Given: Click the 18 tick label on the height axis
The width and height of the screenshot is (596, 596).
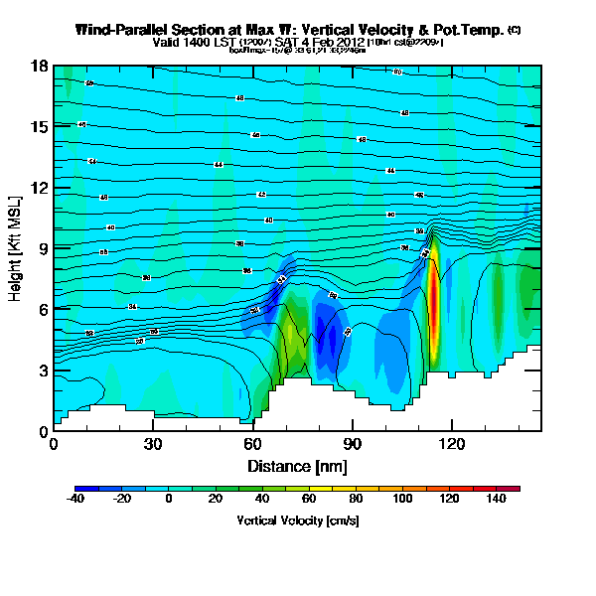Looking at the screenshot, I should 40,67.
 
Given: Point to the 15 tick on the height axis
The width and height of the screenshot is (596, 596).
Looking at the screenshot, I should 40,127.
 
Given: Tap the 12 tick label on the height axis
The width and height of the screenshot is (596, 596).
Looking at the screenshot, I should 40,188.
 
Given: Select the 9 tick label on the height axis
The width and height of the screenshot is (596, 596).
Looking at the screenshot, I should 43,248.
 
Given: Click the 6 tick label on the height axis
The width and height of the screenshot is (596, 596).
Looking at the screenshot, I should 43,310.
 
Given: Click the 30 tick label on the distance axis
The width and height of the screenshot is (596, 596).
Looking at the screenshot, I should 152,444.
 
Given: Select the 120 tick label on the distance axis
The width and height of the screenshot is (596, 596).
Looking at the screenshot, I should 451,444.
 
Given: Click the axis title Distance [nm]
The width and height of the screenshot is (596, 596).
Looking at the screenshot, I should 297,466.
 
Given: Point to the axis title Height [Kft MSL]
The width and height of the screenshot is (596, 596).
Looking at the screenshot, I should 17,249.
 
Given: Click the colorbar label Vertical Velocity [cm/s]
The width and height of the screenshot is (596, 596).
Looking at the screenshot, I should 297,521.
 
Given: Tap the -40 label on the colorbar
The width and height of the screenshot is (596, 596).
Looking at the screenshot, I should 74,499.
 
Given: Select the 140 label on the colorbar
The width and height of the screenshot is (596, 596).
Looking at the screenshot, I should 495,499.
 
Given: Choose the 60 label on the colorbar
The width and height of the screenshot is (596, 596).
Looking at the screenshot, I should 308,499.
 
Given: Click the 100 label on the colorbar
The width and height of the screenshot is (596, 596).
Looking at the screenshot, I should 401,499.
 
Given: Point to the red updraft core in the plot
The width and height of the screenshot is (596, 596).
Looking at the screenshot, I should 434,308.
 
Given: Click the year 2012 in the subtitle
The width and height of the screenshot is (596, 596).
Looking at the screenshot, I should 349,43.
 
